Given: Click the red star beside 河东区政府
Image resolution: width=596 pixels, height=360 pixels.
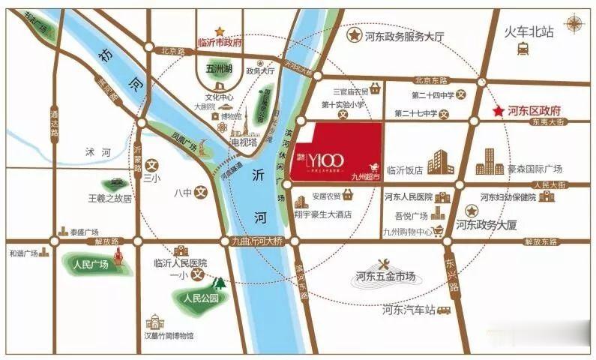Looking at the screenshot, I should (497, 111).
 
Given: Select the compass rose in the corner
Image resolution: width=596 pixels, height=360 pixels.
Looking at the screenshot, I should (575, 23).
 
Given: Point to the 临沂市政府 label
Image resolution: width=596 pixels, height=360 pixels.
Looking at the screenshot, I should (220, 43).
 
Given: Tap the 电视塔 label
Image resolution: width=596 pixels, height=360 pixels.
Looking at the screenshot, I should (244, 141).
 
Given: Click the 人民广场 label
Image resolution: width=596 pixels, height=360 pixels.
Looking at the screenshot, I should (91, 264).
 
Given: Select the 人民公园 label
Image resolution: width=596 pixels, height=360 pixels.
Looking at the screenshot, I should (199, 298).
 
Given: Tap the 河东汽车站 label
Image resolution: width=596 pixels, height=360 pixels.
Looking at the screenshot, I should (409, 309).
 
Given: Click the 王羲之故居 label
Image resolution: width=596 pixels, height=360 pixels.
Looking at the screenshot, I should (109, 199).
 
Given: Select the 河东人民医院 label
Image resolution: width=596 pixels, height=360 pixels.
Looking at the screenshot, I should (408, 197).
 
